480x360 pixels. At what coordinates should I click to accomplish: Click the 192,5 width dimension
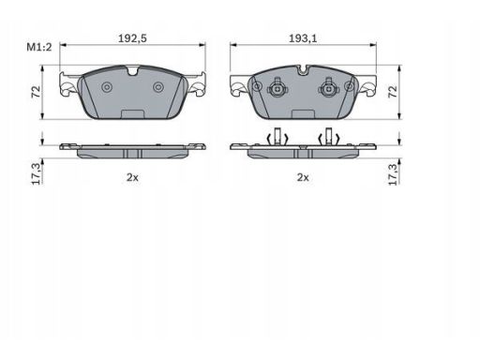(132, 38)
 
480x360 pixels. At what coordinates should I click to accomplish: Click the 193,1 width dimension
(303, 38)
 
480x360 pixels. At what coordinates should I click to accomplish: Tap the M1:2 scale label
(39, 47)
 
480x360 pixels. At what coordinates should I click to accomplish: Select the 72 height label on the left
(37, 92)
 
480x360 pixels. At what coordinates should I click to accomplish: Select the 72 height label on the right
(393, 92)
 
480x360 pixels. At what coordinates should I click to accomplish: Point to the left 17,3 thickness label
(37, 173)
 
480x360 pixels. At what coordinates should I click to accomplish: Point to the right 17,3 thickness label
(393, 173)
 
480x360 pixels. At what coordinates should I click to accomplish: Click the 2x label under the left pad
(132, 177)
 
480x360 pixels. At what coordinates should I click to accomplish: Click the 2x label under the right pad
(303, 177)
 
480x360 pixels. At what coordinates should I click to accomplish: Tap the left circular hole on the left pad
(107, 87)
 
